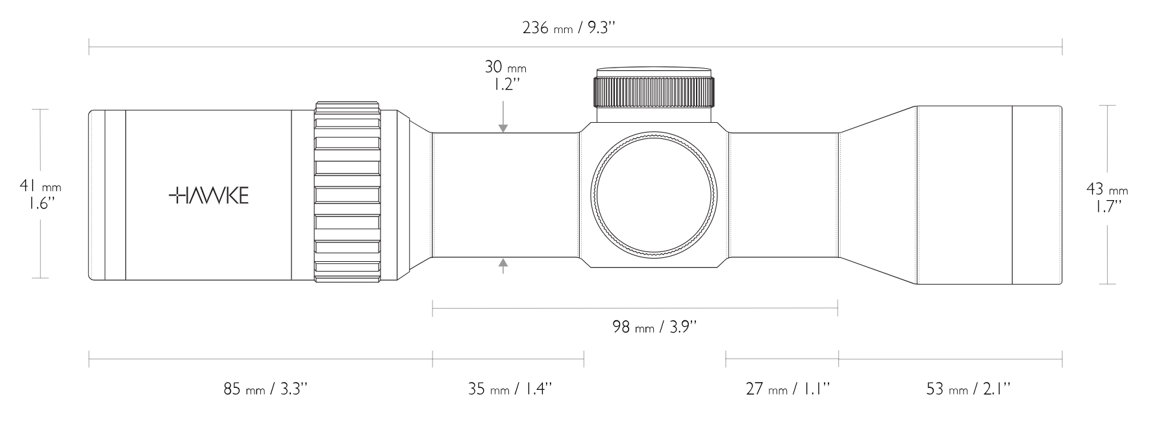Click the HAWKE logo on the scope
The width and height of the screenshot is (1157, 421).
tap(208, 196)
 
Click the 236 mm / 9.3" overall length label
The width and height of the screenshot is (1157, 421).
tap(568, 29)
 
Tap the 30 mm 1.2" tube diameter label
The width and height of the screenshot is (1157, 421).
tap(505, 76)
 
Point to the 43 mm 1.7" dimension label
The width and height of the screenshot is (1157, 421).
tap(1107, 198)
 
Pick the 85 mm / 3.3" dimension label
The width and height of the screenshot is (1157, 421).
tap(265, 389)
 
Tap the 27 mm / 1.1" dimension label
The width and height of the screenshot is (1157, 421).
tap(787, 389)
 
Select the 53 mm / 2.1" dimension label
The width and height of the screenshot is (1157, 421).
tap(967, 389)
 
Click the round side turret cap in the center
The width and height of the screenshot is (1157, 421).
tap(654, 194)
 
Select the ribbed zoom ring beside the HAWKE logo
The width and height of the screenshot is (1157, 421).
tap(347, 192)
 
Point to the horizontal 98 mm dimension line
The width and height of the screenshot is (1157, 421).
tap(635, 307)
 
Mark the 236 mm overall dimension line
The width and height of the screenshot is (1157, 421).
tap(575, 47)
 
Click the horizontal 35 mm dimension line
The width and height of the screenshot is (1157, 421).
tap(508, 359)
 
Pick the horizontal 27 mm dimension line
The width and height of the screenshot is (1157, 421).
tap(782, 359)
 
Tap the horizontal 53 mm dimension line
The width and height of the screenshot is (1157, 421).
tap(951, 359)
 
